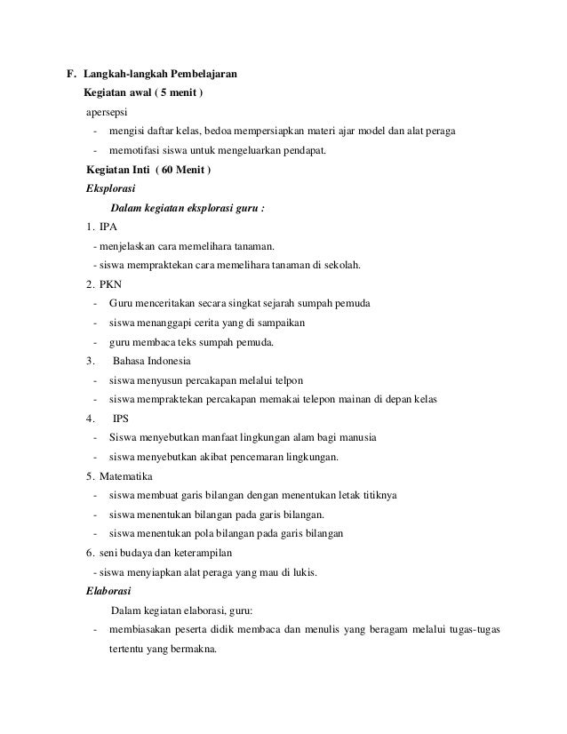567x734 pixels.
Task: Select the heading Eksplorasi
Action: pyautogui.click(x=108, y=188)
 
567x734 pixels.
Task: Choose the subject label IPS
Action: pyautogui.click(x=121, y=419)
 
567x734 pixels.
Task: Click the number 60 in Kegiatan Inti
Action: pyautogui.click(x=168, y=169)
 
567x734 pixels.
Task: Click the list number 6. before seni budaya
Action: pyautogui.click(x=90, y=553)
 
